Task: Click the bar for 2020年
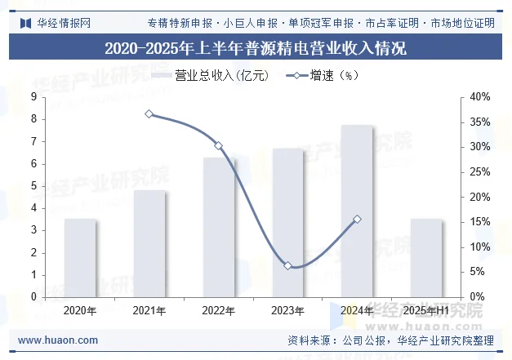coord(80,258)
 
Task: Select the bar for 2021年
coord(149,244)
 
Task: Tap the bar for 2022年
coord(219,228)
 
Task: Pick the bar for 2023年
coord(287,223)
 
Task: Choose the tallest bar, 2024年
coord(357,211)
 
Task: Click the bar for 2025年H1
coord(426,258)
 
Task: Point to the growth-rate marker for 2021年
coord(149,114)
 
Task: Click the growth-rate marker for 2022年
coord(219,146)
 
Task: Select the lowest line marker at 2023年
coord(287,266)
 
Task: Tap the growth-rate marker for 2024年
coord(357,220)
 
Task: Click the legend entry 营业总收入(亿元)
coord(207,76)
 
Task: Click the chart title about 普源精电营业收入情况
coord(256,48)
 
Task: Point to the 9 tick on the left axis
coord(33,97)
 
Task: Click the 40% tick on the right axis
coord(481,97)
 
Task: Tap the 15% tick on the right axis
coord(481,222)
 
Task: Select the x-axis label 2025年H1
coord(426,311)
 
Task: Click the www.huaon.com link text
coord(58,340)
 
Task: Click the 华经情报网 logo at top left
coord(54,22)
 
